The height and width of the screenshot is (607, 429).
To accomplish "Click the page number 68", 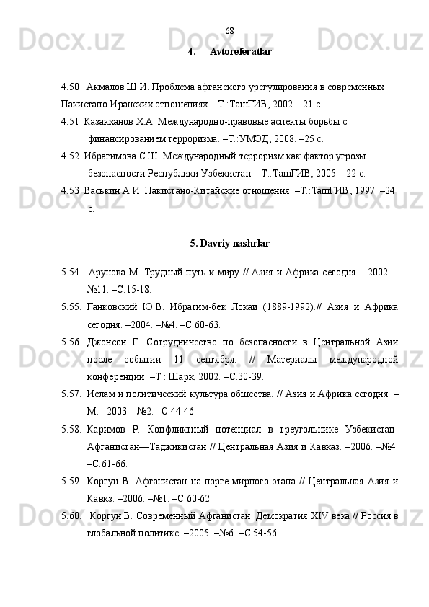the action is [x=229, y=31].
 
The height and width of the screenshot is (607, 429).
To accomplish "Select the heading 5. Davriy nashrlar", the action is [x=230, y=244].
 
